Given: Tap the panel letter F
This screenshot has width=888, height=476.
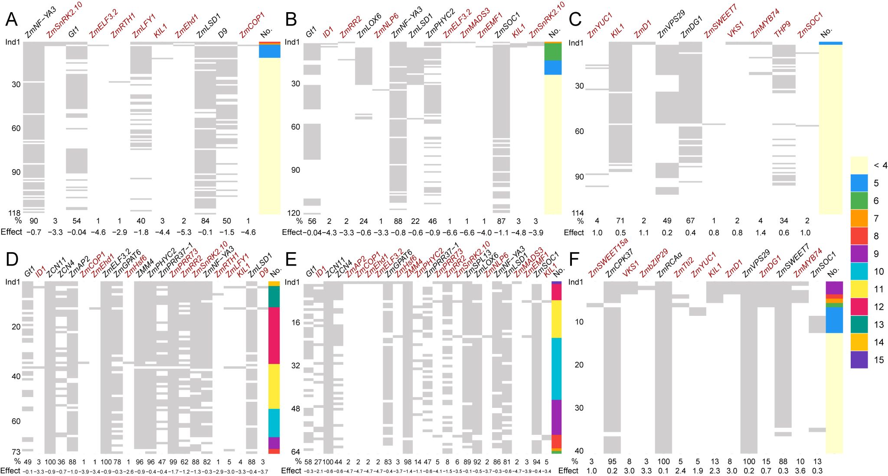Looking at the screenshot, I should pyautogui.click(x=575, y=259).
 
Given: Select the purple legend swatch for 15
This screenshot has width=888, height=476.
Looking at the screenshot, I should pyautogui.click(x=859, y=360).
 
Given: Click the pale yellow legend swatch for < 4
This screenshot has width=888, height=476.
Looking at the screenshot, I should pyautogui.click(x=859, y=165).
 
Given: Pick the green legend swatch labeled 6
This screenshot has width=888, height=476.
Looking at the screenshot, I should pyautogui.click(x=859, y=200).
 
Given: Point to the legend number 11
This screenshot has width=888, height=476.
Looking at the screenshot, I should pyautogui.click(x=878, y=289).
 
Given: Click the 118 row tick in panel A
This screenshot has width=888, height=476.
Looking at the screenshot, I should pyautogui.click(x=14, y=213).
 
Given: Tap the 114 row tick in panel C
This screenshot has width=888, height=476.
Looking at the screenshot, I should pyautogui.click(x=578, y=213).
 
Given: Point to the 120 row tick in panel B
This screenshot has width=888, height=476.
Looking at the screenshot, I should pyautogui.click(x=295, y=213).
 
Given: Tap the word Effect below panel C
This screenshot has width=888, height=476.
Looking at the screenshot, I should pyautogui.click(x=574, y=233).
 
